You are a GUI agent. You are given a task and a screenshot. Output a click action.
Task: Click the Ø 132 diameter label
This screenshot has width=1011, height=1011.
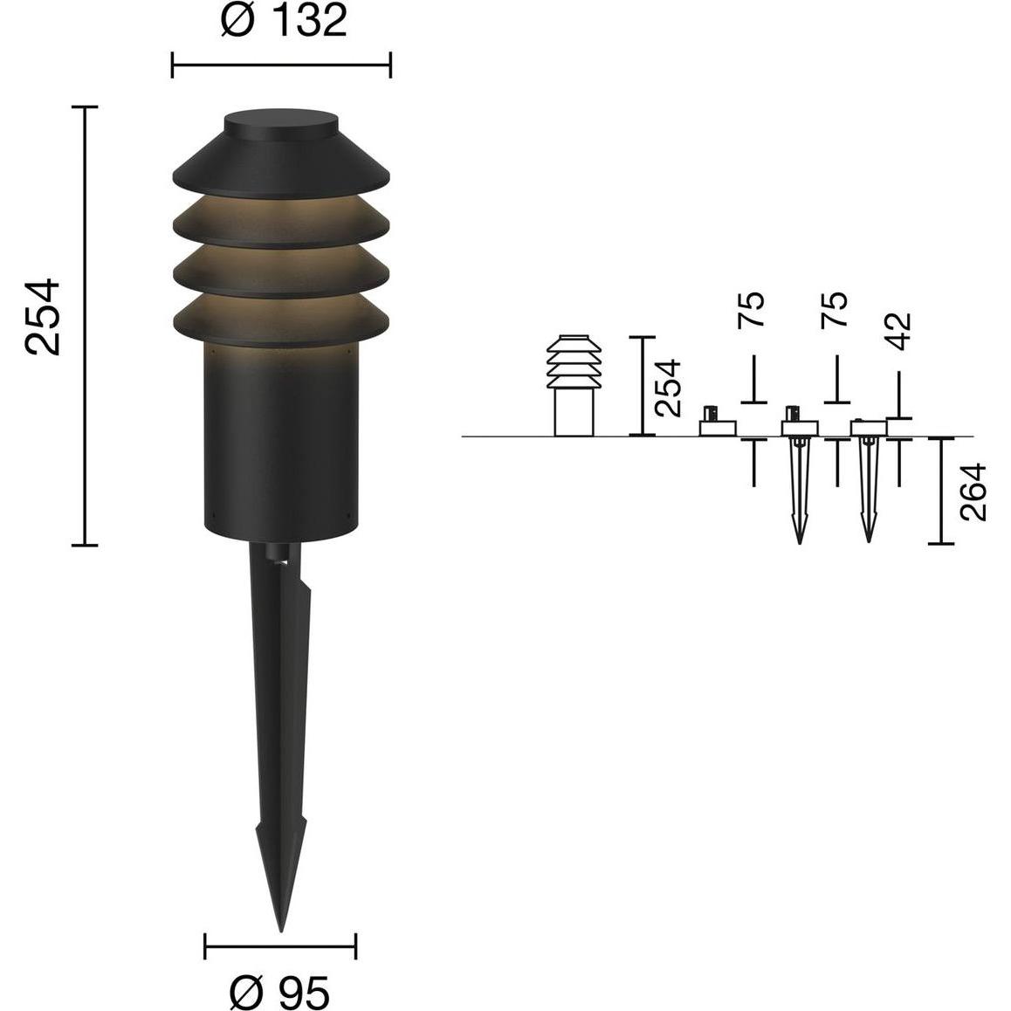click(284, 20)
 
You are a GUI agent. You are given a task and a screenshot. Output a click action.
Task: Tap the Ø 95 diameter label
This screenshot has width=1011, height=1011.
click(280, 992)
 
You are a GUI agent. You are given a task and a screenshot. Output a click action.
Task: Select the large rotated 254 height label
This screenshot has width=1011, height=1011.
click(43, 317)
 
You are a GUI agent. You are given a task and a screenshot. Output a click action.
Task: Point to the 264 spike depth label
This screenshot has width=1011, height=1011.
click(973, 492)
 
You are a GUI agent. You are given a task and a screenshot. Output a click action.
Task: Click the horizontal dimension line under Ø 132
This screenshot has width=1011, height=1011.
click(281, 65)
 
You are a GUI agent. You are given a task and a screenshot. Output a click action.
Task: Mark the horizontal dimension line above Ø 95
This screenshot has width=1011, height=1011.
click(280, 946)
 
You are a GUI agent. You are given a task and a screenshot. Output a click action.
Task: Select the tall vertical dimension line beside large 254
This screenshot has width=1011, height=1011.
click(85, 326)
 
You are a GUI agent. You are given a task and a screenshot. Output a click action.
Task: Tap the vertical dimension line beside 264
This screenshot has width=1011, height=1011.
click(941, 491)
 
